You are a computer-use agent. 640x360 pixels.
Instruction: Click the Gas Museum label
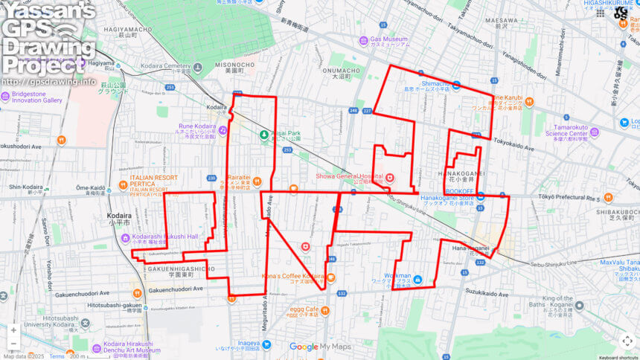389,39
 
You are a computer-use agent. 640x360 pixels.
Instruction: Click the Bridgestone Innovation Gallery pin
5,95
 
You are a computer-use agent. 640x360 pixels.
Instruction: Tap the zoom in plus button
13,330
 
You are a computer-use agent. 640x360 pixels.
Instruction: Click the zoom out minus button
13,344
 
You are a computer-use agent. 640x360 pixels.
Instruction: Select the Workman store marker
417,279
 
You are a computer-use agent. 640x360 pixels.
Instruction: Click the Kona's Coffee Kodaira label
292,277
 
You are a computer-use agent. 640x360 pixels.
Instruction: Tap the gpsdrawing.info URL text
49,82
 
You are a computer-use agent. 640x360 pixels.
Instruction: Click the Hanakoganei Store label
447,199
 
